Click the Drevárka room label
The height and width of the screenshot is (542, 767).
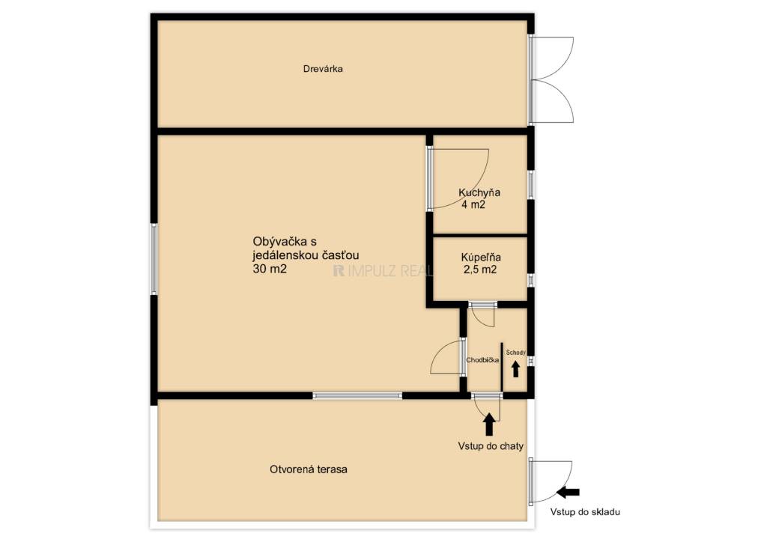(323, 69)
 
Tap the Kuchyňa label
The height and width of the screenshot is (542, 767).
(479, 192)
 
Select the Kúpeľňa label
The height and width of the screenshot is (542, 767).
(481, 257)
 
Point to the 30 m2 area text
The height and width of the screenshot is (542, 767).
(270, 268)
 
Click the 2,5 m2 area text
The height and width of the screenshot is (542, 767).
(480, 270)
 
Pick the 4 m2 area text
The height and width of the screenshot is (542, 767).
(473, 205)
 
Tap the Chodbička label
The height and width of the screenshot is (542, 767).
(482, 360)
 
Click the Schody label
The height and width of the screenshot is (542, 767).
(515, 353)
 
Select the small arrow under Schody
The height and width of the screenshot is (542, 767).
(515, 369)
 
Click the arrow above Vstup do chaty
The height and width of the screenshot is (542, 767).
(488, 424)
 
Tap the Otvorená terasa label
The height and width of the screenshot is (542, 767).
(309, 469)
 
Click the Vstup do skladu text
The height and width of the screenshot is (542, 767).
(585, 512)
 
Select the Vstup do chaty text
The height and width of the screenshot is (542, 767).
(491, 446)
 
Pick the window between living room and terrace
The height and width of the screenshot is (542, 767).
(357, 395)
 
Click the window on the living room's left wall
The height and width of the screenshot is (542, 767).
(154, 259)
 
